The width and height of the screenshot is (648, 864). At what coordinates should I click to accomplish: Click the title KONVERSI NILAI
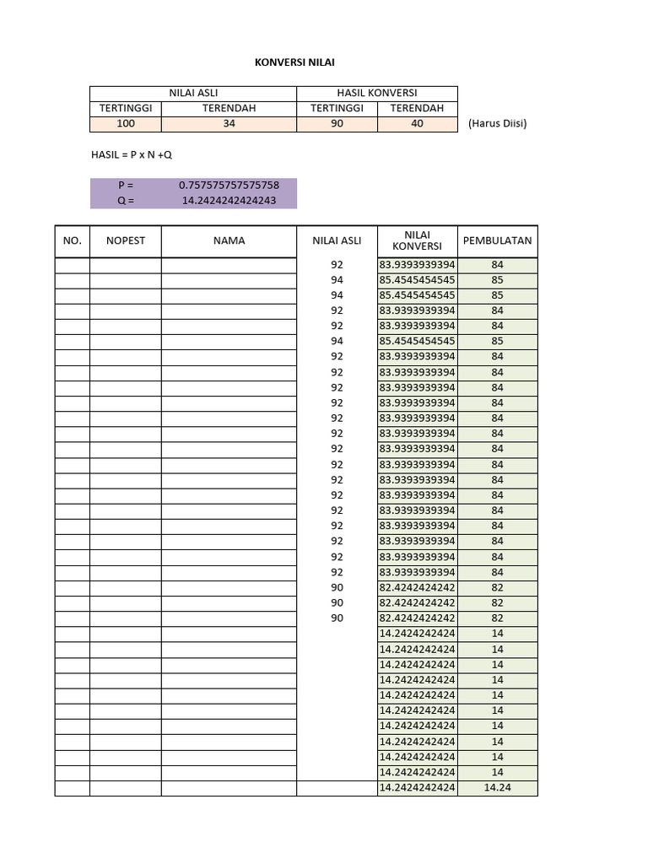pos(289,62)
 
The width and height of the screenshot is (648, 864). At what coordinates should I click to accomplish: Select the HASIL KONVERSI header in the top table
pos(376,93)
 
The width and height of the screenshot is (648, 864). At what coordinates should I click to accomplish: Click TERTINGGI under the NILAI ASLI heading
pos(125,108)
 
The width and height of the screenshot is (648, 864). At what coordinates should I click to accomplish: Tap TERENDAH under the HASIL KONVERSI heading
pos(417,108)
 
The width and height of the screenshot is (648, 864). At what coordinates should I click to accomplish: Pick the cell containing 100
pos(125,123)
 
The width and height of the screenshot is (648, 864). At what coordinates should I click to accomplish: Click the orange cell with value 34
pos(229,123)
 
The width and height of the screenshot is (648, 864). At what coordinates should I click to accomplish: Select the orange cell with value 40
pos(417,123)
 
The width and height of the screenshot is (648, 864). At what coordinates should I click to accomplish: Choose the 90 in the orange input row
pos(337,123)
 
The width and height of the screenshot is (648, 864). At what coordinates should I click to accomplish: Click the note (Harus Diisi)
pos(497,124)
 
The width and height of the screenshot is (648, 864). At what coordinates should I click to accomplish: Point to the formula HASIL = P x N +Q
pos(131,154)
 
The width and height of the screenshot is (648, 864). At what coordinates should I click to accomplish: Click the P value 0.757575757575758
pos(229,185)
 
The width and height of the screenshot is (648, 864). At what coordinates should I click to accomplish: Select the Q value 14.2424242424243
pos(229,200)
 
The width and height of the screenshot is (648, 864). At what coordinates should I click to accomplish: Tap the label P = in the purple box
pos(126,185)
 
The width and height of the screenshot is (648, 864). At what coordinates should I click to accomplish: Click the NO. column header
pos(73,240)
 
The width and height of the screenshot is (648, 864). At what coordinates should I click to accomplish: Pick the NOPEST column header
pos(125,240)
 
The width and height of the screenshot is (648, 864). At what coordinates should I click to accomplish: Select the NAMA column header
pos(229,240)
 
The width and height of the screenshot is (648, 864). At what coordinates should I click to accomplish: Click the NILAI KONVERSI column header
pos(417,240)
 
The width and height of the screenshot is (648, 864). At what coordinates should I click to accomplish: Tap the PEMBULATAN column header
pos(497,240)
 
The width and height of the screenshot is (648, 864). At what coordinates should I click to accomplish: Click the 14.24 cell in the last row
pos(497,788)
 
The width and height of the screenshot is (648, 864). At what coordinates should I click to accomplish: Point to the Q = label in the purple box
pos(126,200)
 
